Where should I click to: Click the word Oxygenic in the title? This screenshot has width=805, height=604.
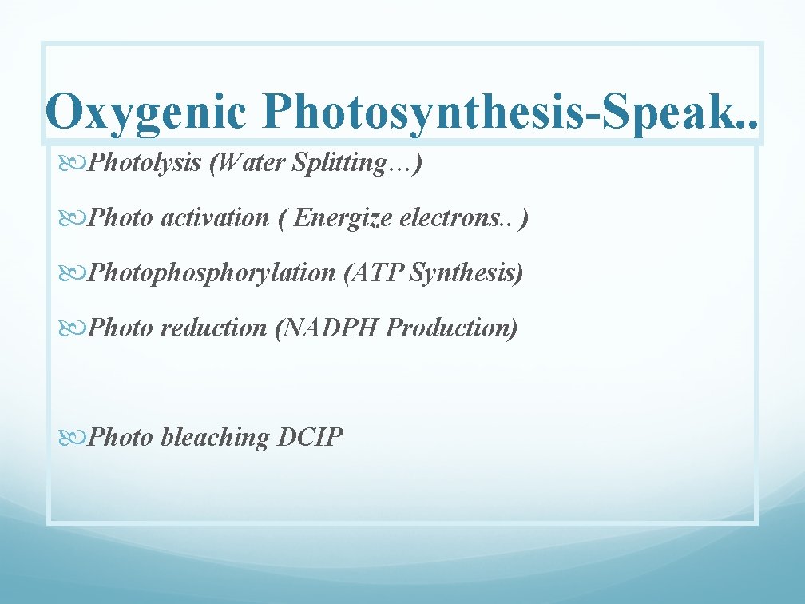146,112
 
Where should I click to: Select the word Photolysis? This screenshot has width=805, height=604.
145,163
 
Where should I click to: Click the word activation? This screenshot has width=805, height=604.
215,217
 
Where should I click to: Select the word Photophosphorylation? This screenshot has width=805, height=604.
212,272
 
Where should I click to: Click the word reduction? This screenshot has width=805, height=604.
213,328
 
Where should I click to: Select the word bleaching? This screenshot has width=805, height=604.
216,437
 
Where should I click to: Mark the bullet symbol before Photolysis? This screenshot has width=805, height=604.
74,164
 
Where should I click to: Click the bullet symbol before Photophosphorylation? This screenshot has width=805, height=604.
74,273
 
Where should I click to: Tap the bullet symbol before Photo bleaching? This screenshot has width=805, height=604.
74,438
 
